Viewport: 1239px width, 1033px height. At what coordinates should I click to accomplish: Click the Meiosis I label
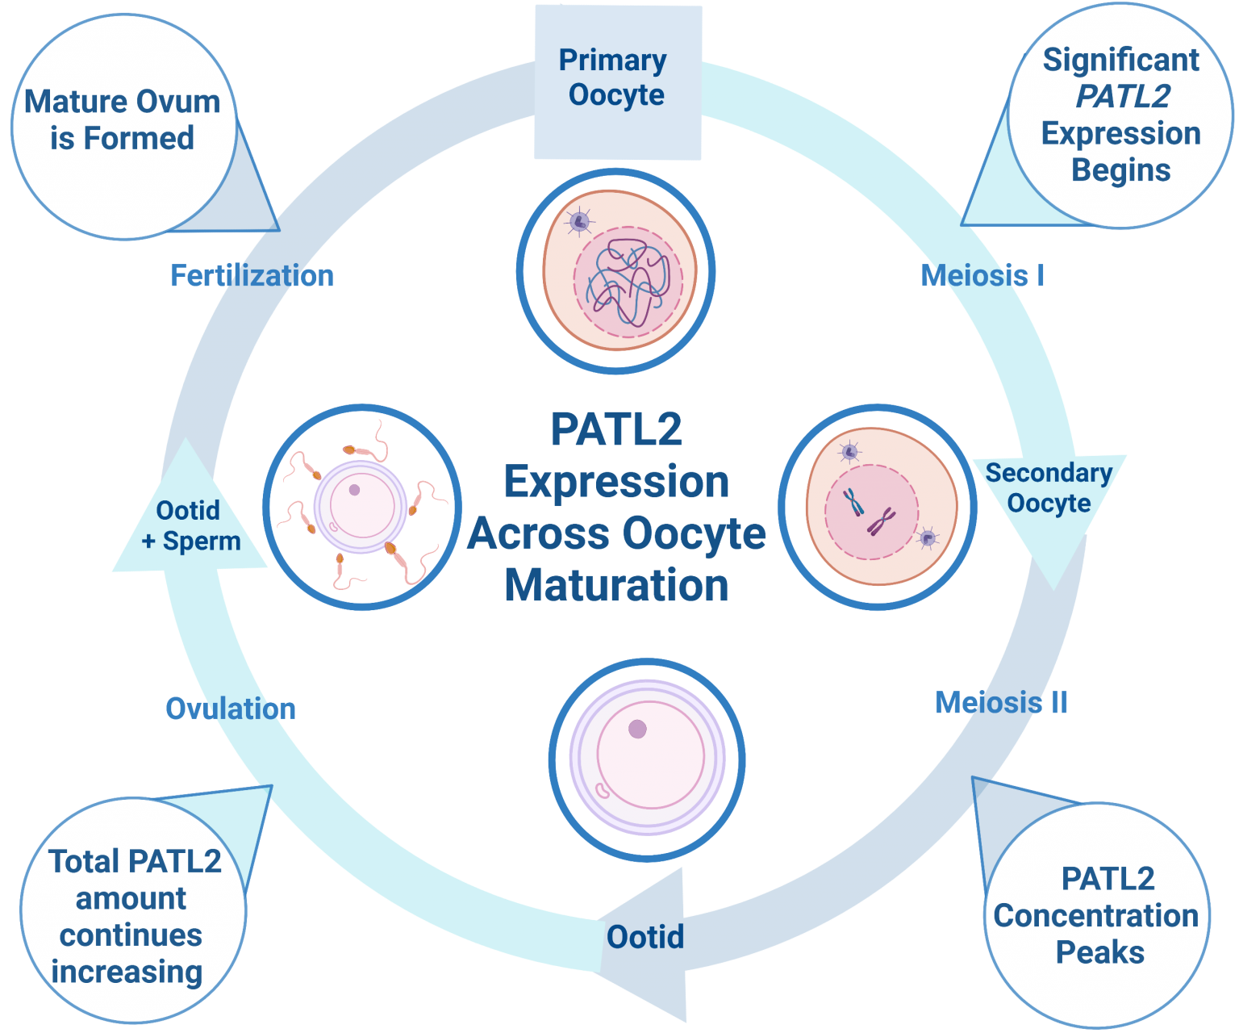tap(982, 276)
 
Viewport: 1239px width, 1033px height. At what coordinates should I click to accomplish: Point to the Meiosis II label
tap(1001, 703)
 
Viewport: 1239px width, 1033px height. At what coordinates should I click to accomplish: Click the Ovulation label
tap(231, 709)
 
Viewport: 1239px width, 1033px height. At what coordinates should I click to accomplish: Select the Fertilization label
tap(252, 276)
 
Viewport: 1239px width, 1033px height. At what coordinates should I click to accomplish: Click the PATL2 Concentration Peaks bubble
tap(1097, 915)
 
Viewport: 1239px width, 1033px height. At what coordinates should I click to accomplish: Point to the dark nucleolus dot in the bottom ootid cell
tap(637, 730)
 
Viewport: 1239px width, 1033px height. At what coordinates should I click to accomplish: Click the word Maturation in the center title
tap(616, 586)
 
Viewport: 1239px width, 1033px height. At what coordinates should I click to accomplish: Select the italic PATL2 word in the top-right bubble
tap(1123, 96)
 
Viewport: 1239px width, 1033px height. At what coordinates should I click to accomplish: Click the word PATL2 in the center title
tap(616, 429)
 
